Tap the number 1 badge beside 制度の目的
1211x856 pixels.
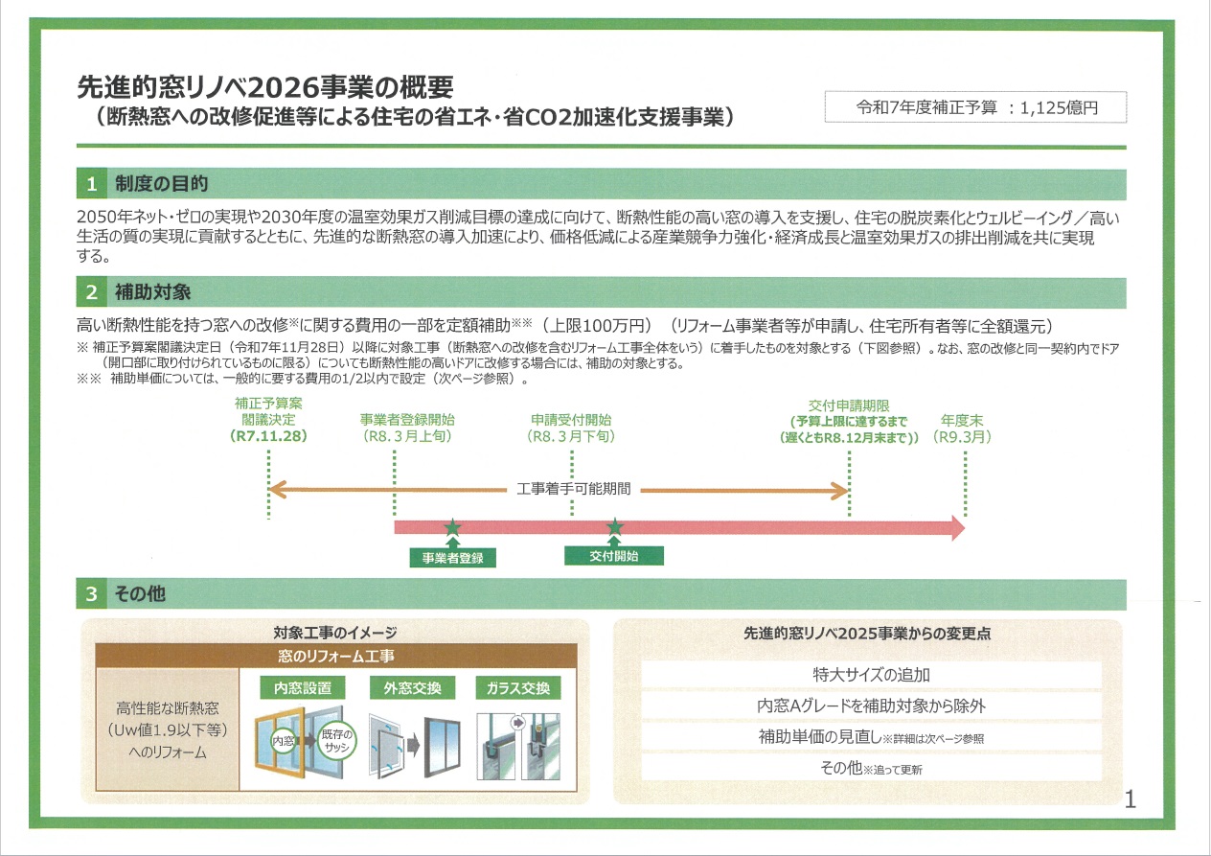(91, 183)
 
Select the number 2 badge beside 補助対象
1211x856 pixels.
(91, 291)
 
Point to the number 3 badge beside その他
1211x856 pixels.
(91, 594)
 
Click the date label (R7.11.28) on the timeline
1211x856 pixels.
(269, 436)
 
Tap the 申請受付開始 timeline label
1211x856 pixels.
(571, 420)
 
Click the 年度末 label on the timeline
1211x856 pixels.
(964, 420)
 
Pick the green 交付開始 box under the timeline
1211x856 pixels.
(614, 556)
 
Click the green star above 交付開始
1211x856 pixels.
(615, 526)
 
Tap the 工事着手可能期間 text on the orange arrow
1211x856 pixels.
(573, 490)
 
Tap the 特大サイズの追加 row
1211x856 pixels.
(871, 675)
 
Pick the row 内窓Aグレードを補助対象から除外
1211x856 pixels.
(871, 706)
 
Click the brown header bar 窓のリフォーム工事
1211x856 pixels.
(335, 656)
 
